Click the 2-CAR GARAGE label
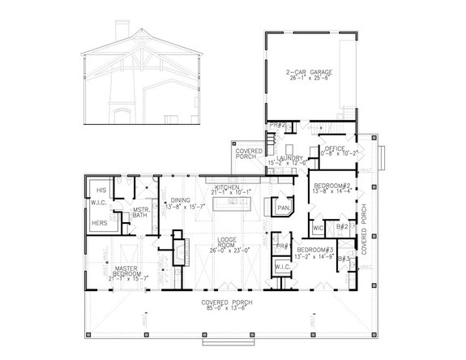(309, 72)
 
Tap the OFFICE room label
(336, 148)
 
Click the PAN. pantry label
(284, 208)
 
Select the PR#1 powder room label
(281, 246)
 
